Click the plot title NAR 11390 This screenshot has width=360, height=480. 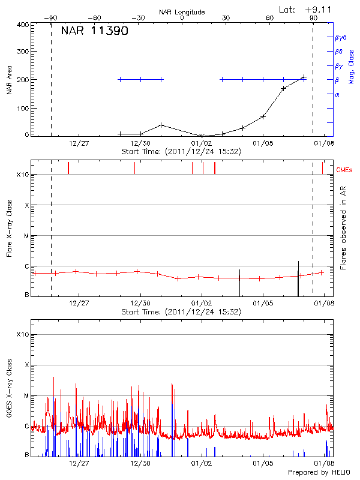[x=94, y=31]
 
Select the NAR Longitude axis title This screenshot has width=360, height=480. [x=182, y=11]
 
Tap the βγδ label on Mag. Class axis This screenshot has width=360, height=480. [x=341, y=37]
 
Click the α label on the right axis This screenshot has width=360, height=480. [x=337, y=94]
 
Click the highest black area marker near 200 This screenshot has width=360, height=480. [x=304, y=77]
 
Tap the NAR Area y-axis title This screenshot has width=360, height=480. [x=9, y=80]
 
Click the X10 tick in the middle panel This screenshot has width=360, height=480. [x=22, y=175]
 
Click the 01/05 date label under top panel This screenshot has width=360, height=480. [x=263, y=143]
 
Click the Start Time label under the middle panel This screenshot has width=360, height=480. [x=181, y=312]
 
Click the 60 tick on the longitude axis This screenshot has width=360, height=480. [x=271, y=19]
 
